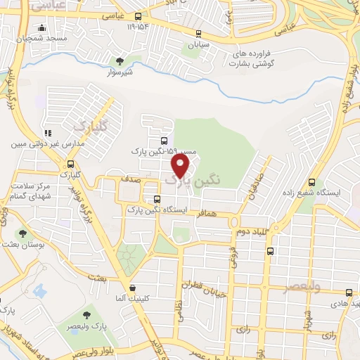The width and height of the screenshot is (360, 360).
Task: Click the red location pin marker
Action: tap(181, 165)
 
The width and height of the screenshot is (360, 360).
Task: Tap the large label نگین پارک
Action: tap(192, 180)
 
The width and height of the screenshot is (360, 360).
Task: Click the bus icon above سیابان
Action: tap(198, 33)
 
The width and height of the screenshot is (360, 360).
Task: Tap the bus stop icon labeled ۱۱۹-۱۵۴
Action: tap(138, 16)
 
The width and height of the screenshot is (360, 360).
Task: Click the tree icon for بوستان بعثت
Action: tap(23, 233)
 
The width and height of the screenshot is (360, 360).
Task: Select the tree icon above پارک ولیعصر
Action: tap(86, 316)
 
